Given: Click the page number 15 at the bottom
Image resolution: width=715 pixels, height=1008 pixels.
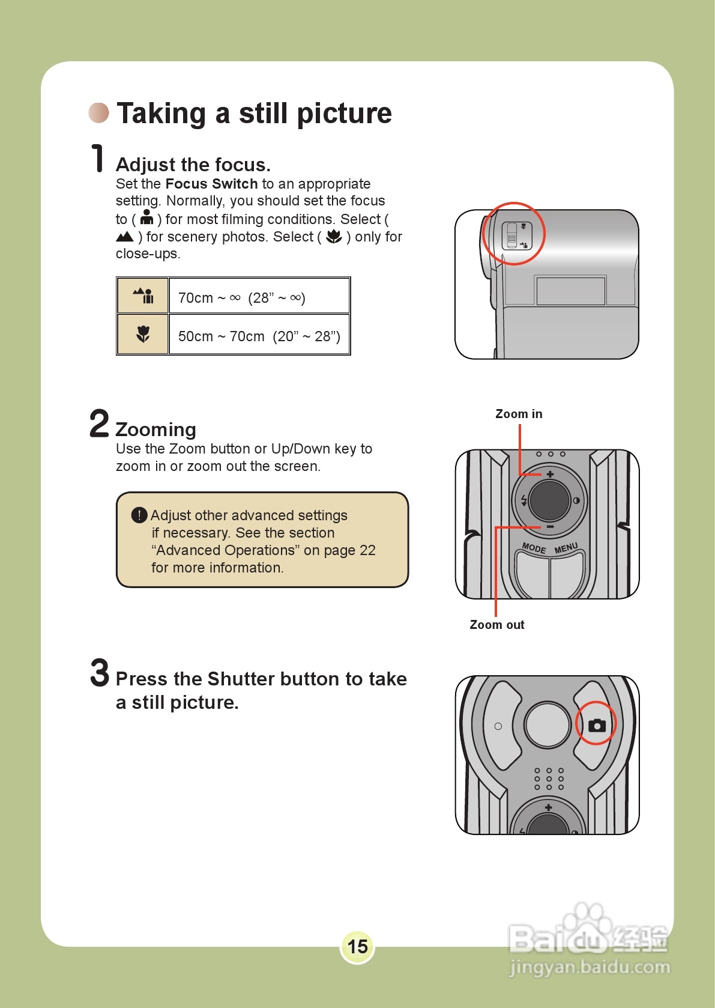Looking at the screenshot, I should (x=357, y=946).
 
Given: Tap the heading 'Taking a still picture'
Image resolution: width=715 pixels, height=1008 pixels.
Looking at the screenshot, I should (x=254, y=114).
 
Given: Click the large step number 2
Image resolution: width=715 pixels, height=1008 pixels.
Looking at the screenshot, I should (x=99, y=424).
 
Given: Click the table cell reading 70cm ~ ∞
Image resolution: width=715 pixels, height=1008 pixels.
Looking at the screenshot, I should (x=242, y=298).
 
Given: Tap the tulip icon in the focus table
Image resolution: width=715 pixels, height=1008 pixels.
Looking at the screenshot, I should (x=143, y=334).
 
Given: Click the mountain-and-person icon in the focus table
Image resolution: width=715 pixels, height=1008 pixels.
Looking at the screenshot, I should (x=143, y=296).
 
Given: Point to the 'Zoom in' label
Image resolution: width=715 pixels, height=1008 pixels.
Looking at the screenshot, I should (x=519, y=414).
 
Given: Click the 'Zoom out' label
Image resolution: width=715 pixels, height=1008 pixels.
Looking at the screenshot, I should (x=496, y=625).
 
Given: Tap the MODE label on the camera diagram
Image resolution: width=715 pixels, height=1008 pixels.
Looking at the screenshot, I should (x=534, y=548).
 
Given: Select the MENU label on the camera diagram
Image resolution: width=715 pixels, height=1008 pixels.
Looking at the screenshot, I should (x=566, y=548).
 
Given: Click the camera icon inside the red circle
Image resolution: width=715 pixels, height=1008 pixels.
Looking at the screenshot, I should (x=597, y=725).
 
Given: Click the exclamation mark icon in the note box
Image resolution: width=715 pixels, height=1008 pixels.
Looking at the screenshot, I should (x=139, y=515).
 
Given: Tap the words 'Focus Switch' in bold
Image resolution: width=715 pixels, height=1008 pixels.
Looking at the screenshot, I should (x=211, y=184).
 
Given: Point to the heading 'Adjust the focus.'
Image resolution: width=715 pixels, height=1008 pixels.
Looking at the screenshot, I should (x=193, y=165).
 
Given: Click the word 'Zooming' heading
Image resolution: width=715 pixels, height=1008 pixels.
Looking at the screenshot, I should (x=155, y=430).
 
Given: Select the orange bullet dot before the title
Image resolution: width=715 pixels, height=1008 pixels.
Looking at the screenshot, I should (x=99, y=112).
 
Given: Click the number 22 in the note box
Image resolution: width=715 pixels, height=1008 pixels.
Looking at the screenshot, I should (x=367, y=550).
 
